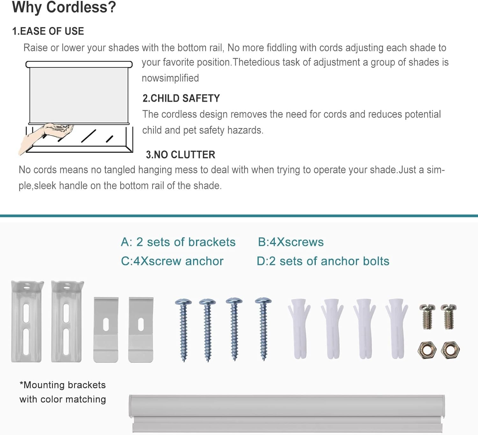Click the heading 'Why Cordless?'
pyautogui.click(x=64, y=8)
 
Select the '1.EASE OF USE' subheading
pyautogui.click(x=48, y=31)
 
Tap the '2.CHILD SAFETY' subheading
pyautogui.click(x=181, y=98)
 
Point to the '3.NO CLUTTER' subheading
pyautogui.click(x=180, y=155)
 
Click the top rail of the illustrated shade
pyautogui.click(x=79, y=64)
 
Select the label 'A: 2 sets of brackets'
pyautogui.click(x=178, y=242)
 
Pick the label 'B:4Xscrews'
pyautogui.click(x=291, y=242)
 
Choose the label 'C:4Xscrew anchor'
pyautogui.click(x=172, y=261)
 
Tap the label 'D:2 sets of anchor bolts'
pyautogui.click(x=323, y=261)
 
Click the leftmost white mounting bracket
pyautogui.click(x=27, y=321)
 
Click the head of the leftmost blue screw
pyautogui.click(x=183, y=302)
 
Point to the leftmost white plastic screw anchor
pyautogui.click(x=300, y=328)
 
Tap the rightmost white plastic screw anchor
pyautogui.click(x=397, y=328)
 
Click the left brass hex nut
pyautogui.click(x=427, y=350)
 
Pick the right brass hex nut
pyautogui.click(x=450, y=350)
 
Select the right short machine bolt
pyautogui.click(x=449, y=317)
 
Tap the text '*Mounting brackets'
pyautogui.click(x=63, y=385)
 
